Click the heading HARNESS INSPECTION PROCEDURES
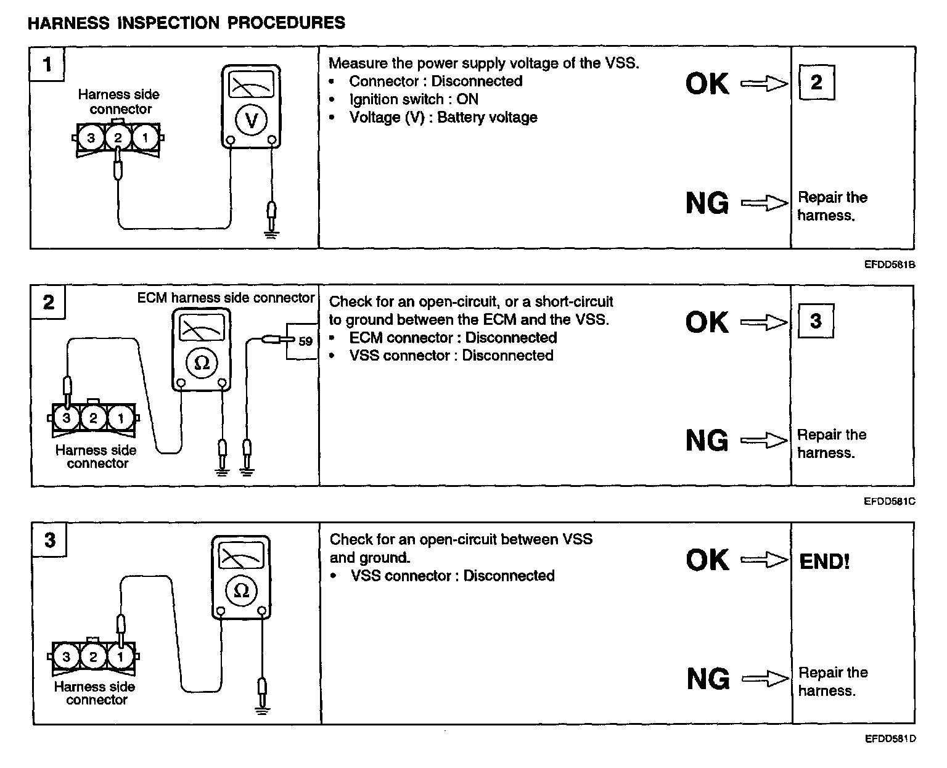[186, 23]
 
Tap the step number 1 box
[47, 63]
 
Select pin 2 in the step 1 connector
[118, 137]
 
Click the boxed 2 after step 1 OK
[816, 82]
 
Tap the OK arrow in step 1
[765, 84]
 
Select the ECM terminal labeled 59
[305, 341]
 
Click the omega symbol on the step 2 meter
[202, 363]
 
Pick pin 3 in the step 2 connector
[67, 419]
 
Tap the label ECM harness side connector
[226, 298]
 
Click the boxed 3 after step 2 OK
[816, 321]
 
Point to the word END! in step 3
[824, 561]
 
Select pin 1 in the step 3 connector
[120, 656]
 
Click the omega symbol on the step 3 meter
[242, 590]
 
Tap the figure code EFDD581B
[890, 264]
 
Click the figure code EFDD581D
[890, 738]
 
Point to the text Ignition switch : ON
[413, 99]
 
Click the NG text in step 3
[708, 679]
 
